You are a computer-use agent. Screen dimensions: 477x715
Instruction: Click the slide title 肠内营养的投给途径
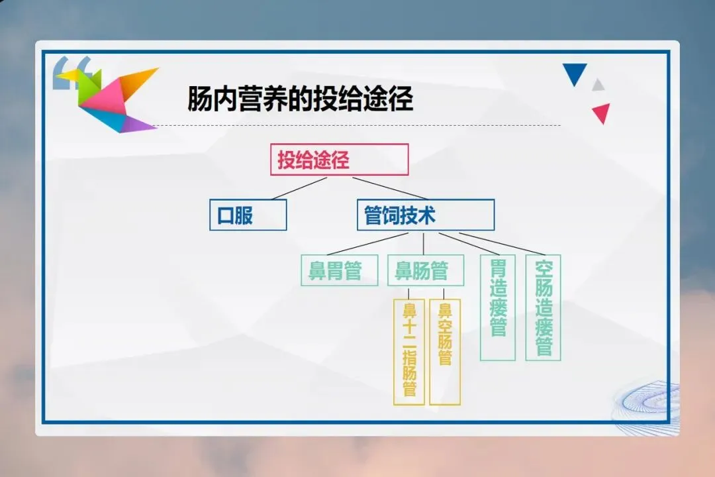tap(301, 100)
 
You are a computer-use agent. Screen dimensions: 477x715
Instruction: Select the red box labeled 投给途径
tap(339, 160)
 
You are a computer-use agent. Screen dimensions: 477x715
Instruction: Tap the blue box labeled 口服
tap(248, 215)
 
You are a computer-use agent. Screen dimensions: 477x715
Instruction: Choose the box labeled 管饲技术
tap(425, 215)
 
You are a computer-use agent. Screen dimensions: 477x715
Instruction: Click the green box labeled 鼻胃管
tap(339, 270)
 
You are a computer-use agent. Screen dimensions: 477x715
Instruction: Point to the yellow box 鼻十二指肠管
tap(409, 351)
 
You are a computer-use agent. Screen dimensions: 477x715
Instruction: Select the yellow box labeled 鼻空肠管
tap(445, 351)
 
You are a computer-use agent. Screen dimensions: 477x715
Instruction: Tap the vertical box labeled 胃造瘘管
tap(497, 307)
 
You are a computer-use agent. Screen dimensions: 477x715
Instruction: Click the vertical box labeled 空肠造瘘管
tap(543, 307)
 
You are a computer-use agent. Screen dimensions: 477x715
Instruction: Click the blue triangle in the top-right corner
tap(575, 73)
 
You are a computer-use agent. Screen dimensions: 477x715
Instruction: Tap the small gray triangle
tap(598, 85)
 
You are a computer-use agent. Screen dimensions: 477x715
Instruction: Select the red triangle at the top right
tap(601, 113)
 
